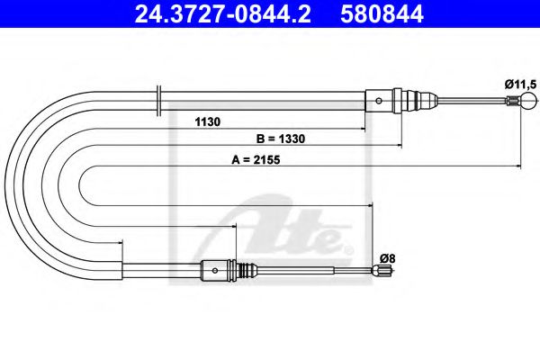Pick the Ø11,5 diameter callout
click(520, 83)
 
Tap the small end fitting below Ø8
click(382, 269)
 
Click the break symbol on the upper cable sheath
click(158, 99)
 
